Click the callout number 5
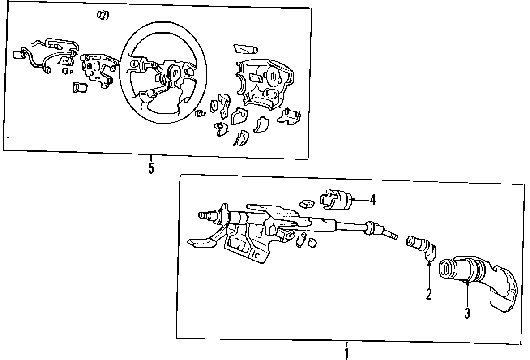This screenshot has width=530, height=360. [x=151, y=168]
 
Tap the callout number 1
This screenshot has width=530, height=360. [x=346, y=353]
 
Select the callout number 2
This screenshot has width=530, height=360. [x=428, y=294]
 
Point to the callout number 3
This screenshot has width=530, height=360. [x=467, y=313]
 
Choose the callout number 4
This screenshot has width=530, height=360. [x=372, y=199]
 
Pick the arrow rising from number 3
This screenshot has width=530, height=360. [x=467, y=293]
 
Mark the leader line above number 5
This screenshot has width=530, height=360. [x=151, y=159]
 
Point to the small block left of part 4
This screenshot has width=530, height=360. [x=308, y=203]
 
